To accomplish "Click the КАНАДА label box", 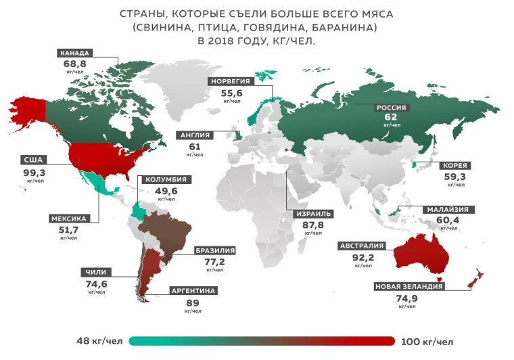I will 74,53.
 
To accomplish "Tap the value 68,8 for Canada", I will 74,64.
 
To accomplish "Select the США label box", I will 32,160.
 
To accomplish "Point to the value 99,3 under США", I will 32,173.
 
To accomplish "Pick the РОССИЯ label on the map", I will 391,107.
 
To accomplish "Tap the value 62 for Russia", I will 391,116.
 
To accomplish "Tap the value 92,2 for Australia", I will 362,257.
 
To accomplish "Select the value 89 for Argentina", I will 193,303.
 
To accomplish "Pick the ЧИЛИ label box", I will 96,273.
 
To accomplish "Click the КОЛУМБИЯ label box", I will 162,180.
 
